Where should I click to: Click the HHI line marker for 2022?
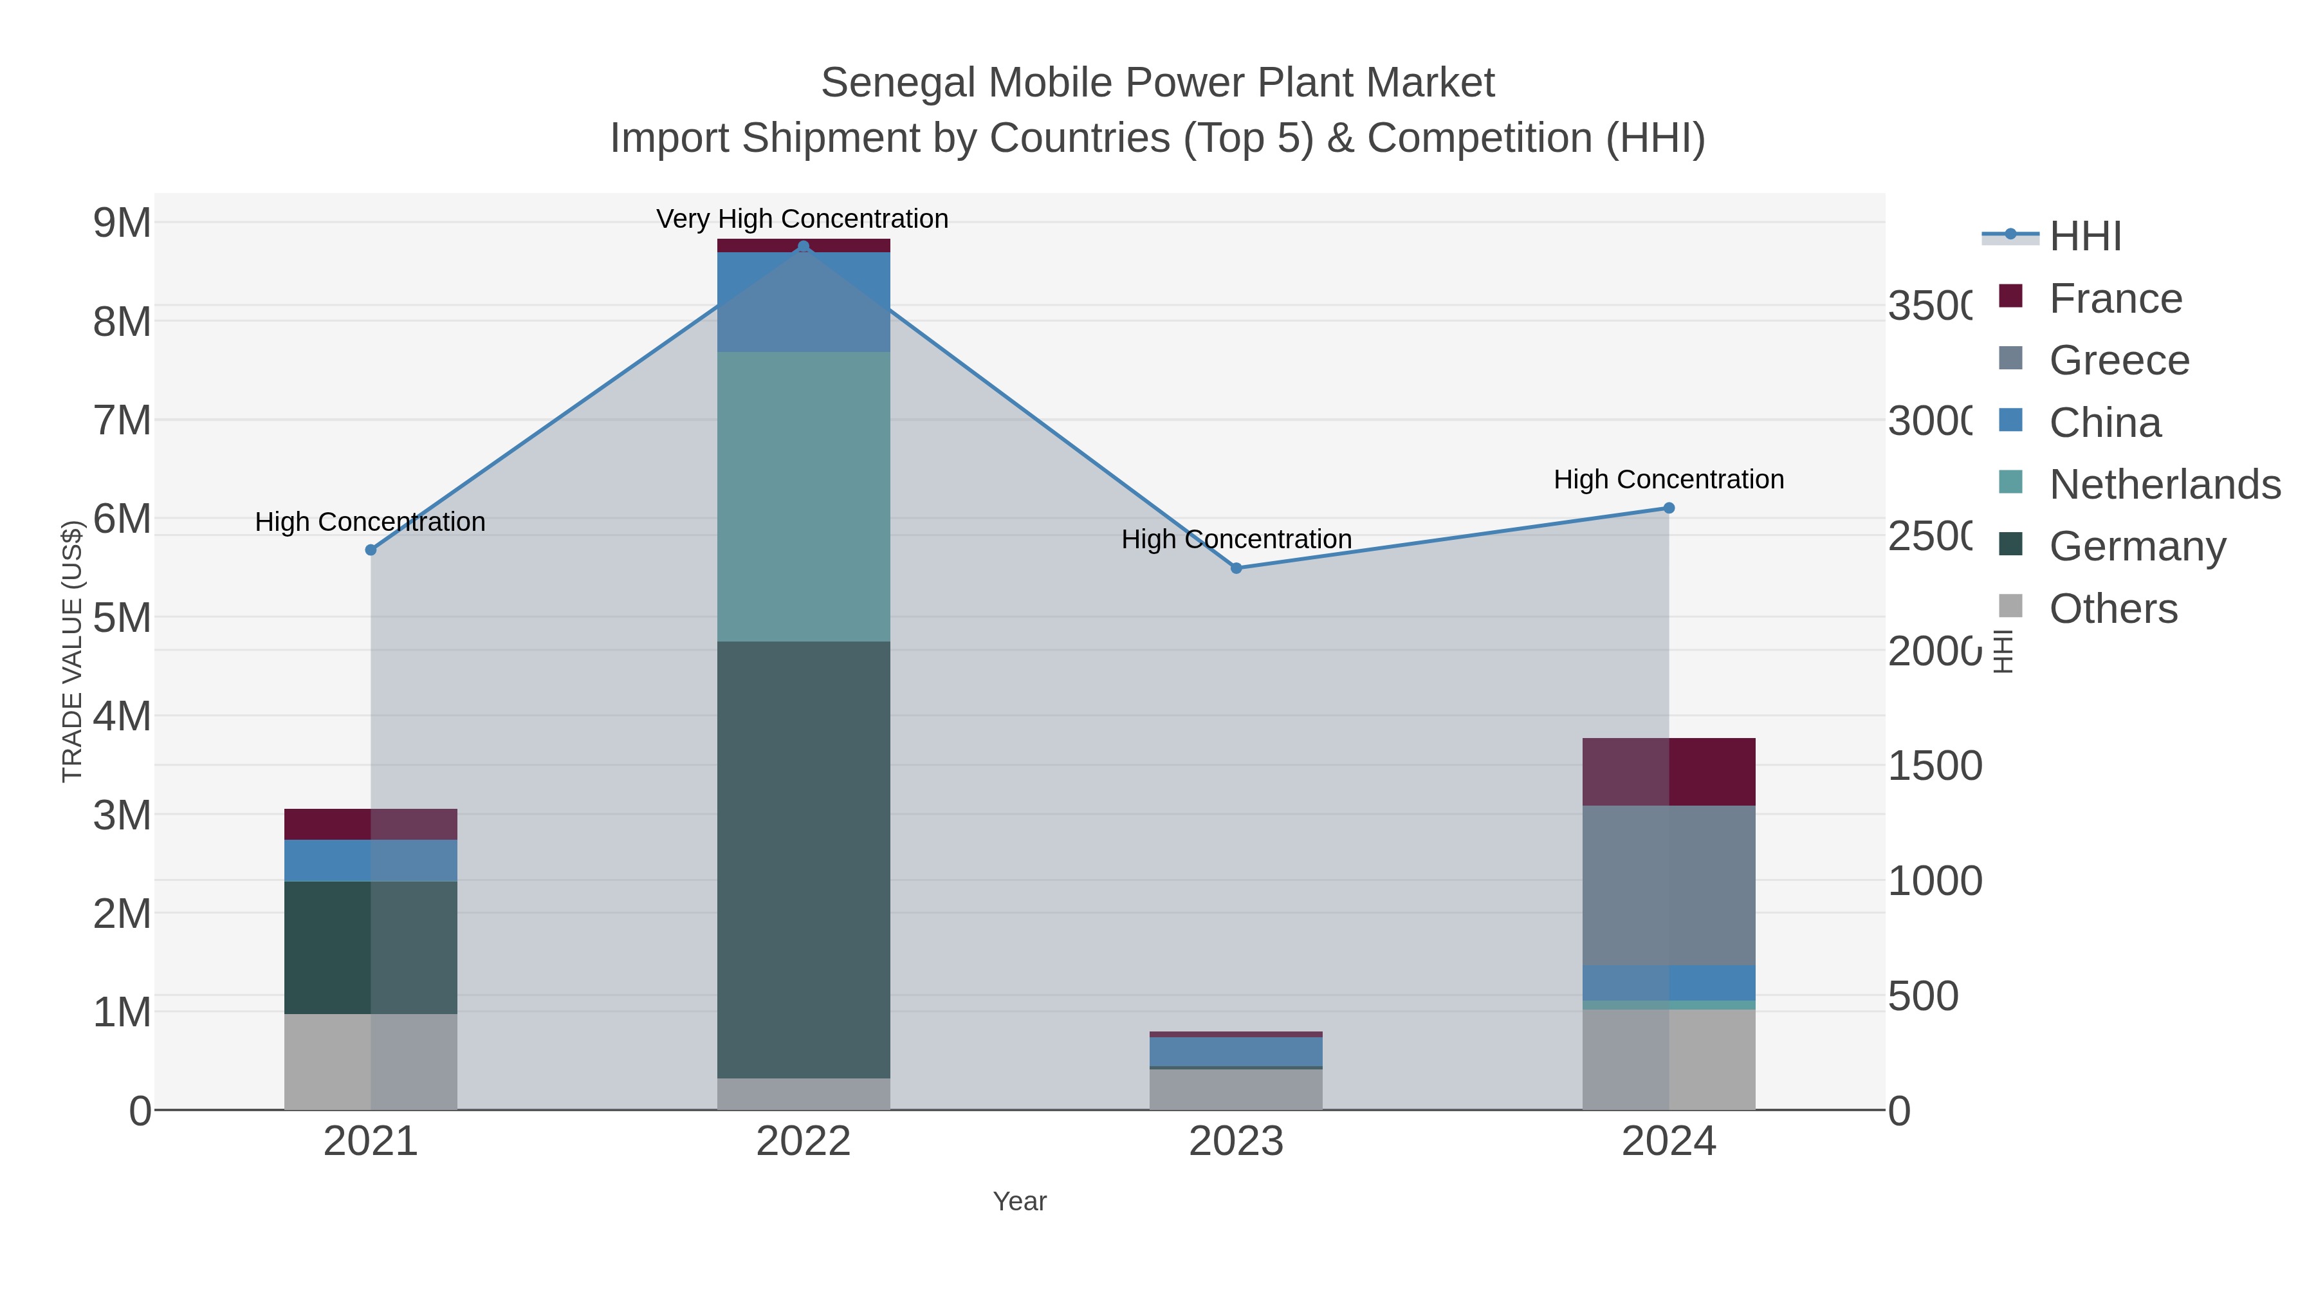coord(803,246)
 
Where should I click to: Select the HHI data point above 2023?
coord(1236,568)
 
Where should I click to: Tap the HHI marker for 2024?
coord(1669,508)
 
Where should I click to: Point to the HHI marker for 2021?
coord(371,550)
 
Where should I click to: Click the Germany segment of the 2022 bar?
coord(803,859)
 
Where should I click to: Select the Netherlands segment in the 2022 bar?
coord(803,496)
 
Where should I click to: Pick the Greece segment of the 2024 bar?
coord(1669,886)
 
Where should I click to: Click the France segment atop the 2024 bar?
coord(1669,772)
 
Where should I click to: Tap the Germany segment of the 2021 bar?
coord(371,947)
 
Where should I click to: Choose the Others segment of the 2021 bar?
coord(371,1061)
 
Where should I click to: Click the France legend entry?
coord(2115,299)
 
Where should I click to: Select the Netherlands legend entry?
coord(2163,485)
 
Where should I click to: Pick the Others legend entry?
coord(2113,609)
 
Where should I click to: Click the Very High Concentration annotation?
coord(802,219)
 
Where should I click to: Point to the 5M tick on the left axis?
coord(122,618)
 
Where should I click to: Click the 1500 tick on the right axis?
coord(1934,766)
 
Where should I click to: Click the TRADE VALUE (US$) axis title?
coord(72,651)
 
